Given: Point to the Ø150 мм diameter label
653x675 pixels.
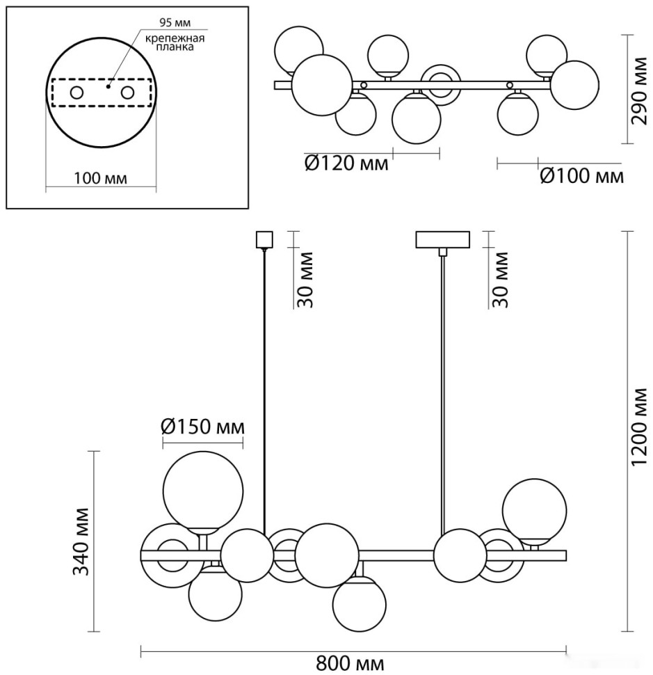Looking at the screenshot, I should (x=203, y=425).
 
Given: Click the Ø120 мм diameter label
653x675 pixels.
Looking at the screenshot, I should (x=346, y=164).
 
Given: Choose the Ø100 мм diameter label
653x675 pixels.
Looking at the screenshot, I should (x=581, y=176).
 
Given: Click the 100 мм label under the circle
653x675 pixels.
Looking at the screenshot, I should (x=101, y=179).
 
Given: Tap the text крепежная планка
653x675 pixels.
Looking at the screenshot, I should (x=175, y=43).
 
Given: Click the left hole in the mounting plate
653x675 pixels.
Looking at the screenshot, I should (x=76, y=93).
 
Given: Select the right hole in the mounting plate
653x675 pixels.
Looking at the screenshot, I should (x=128, y=93).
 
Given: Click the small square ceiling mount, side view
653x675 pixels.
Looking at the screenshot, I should (x=264, y=239).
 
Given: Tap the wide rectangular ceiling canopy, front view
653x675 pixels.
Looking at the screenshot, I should (x=444, y=240).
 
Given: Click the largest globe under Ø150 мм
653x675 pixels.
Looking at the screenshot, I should (x=203, y=491).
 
